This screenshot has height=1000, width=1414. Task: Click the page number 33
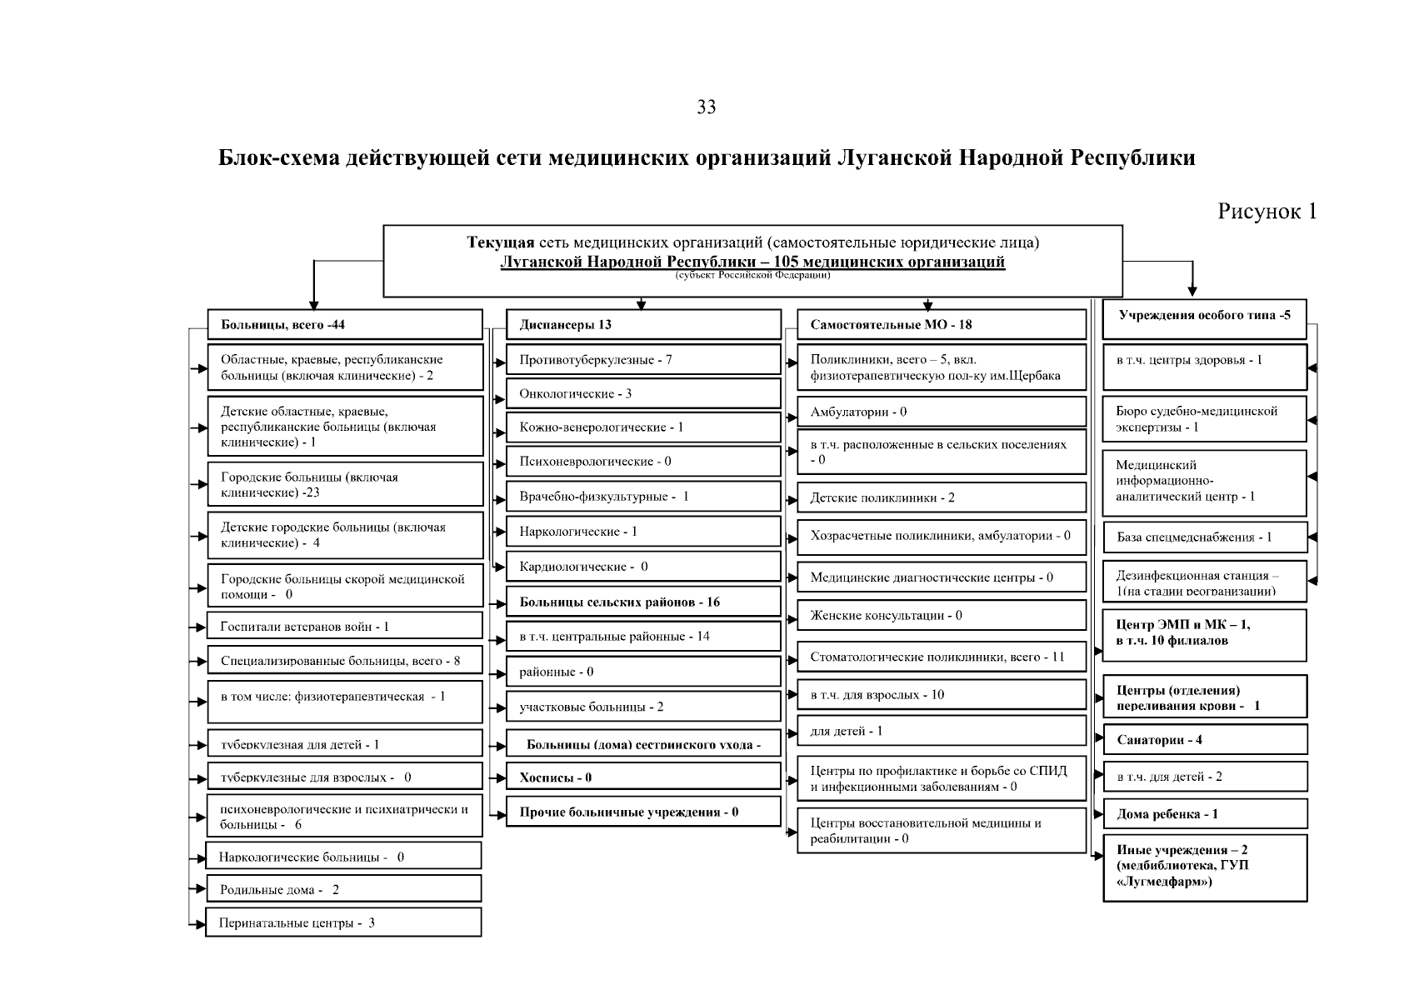tap(706, 107)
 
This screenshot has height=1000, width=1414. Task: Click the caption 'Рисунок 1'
tap(1267, 212)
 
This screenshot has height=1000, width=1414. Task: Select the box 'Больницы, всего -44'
tap(345, 324)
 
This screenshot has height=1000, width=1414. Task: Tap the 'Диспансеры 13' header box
tap(643, 324)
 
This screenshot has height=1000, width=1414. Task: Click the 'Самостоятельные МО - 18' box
tap(942, 324)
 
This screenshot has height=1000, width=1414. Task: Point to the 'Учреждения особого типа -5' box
tap(1204, 317)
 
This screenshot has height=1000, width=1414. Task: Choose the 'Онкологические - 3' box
tap(643, 393)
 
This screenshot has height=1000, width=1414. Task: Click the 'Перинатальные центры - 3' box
tap(343, 922)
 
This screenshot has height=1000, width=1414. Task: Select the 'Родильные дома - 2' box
tap(343, 889)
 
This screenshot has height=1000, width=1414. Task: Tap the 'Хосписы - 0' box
tap(643, 777)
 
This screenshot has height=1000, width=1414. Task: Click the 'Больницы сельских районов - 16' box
tap(643, 602)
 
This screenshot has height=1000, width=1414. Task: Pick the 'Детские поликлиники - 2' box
tap(942, 497)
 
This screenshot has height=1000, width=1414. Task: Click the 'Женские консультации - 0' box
tap(942, 616)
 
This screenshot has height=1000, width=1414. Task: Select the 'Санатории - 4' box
tap(1205, 740)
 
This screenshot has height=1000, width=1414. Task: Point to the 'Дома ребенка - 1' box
tap(1205, 814)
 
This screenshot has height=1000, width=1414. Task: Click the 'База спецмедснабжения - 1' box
tap(1205, 537)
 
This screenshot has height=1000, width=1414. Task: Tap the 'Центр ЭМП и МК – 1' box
tap(1205, 632)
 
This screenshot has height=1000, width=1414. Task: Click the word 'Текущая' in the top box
tap(500, 243)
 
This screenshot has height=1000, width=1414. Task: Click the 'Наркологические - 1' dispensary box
tap(643, 531)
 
